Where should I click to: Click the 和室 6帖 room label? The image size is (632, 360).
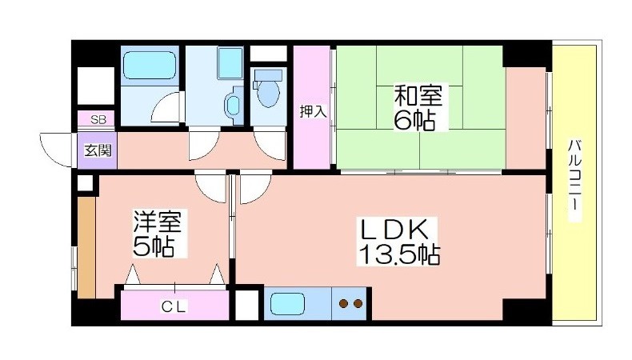click(x=418, y=107)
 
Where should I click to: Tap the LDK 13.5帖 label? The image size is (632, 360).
click(x=398, y=241)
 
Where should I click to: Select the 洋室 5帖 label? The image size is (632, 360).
click(x=158, y=234)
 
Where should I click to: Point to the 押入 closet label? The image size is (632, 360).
click(x=313, y=112)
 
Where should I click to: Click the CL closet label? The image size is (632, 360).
click(x=174, y=306)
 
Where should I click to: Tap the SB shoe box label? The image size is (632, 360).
click(x=98, y=119)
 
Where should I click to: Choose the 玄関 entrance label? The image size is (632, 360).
click(x=98, y=150)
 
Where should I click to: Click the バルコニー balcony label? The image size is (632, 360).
click(x=574, y=179)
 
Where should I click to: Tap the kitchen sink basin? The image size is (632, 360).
click(x=287, y=303)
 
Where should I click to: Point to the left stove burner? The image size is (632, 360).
click(x=343, y=303)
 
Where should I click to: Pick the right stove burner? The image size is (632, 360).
click(x=358, y=303)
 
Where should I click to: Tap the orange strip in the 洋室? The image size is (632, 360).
click(x=86, y=247)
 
